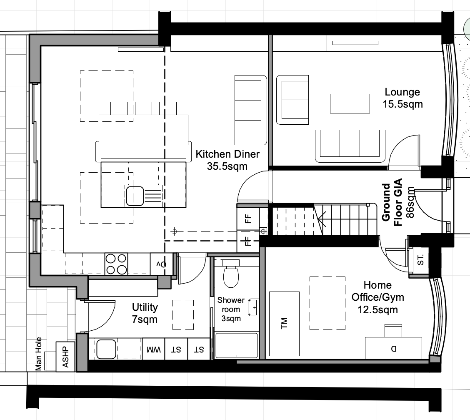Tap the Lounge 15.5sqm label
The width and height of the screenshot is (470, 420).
[x=402, y=98]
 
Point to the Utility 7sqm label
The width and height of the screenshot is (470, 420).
[x=145, y=313]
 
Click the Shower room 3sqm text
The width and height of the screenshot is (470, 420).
[x=231, y=309]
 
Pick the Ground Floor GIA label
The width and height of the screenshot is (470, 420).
[x=392, y=203]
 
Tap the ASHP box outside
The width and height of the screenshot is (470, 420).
[x=65, y=357]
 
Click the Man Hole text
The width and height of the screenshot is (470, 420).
[x=38, y=354]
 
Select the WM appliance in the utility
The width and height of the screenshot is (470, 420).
[x=153, y=349]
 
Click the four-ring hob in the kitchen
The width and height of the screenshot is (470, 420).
[x=116, y=264]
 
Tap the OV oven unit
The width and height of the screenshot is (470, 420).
[x=161, y=264]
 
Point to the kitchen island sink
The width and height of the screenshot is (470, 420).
[x=135, y=196]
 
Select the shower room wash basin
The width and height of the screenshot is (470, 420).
[x=253, y=307]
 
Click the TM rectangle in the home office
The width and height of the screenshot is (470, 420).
[x=284, y=324]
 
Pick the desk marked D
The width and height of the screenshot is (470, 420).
[x=394, y=348]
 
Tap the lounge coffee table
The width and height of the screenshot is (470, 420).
[x=350, y=103]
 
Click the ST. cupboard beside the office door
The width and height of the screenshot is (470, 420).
[x=420, y=260]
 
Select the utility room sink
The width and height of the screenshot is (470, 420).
[x=106, y=349]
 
